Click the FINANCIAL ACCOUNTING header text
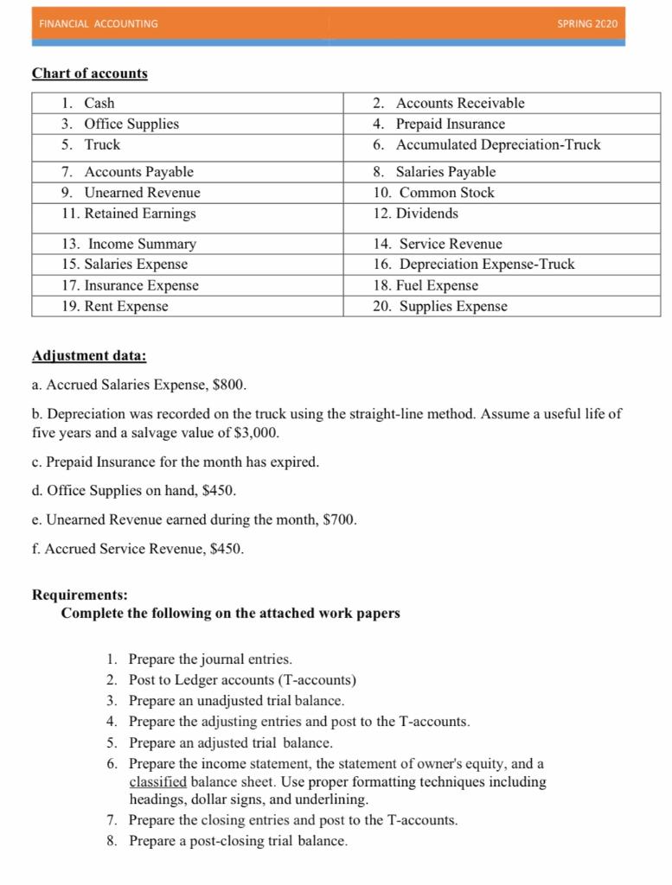[99, 23]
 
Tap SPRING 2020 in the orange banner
[588, 23]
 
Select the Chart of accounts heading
[90, 73]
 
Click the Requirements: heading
[80, 595]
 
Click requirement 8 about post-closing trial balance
[238, 841]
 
